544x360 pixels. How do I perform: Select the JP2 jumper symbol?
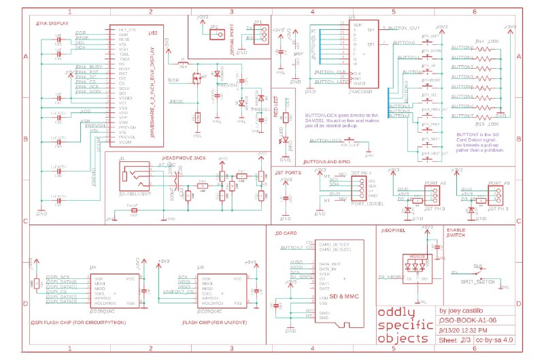[214, 36]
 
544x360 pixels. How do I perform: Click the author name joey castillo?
[469, 306]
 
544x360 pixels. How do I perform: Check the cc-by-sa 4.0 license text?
[508, 339]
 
